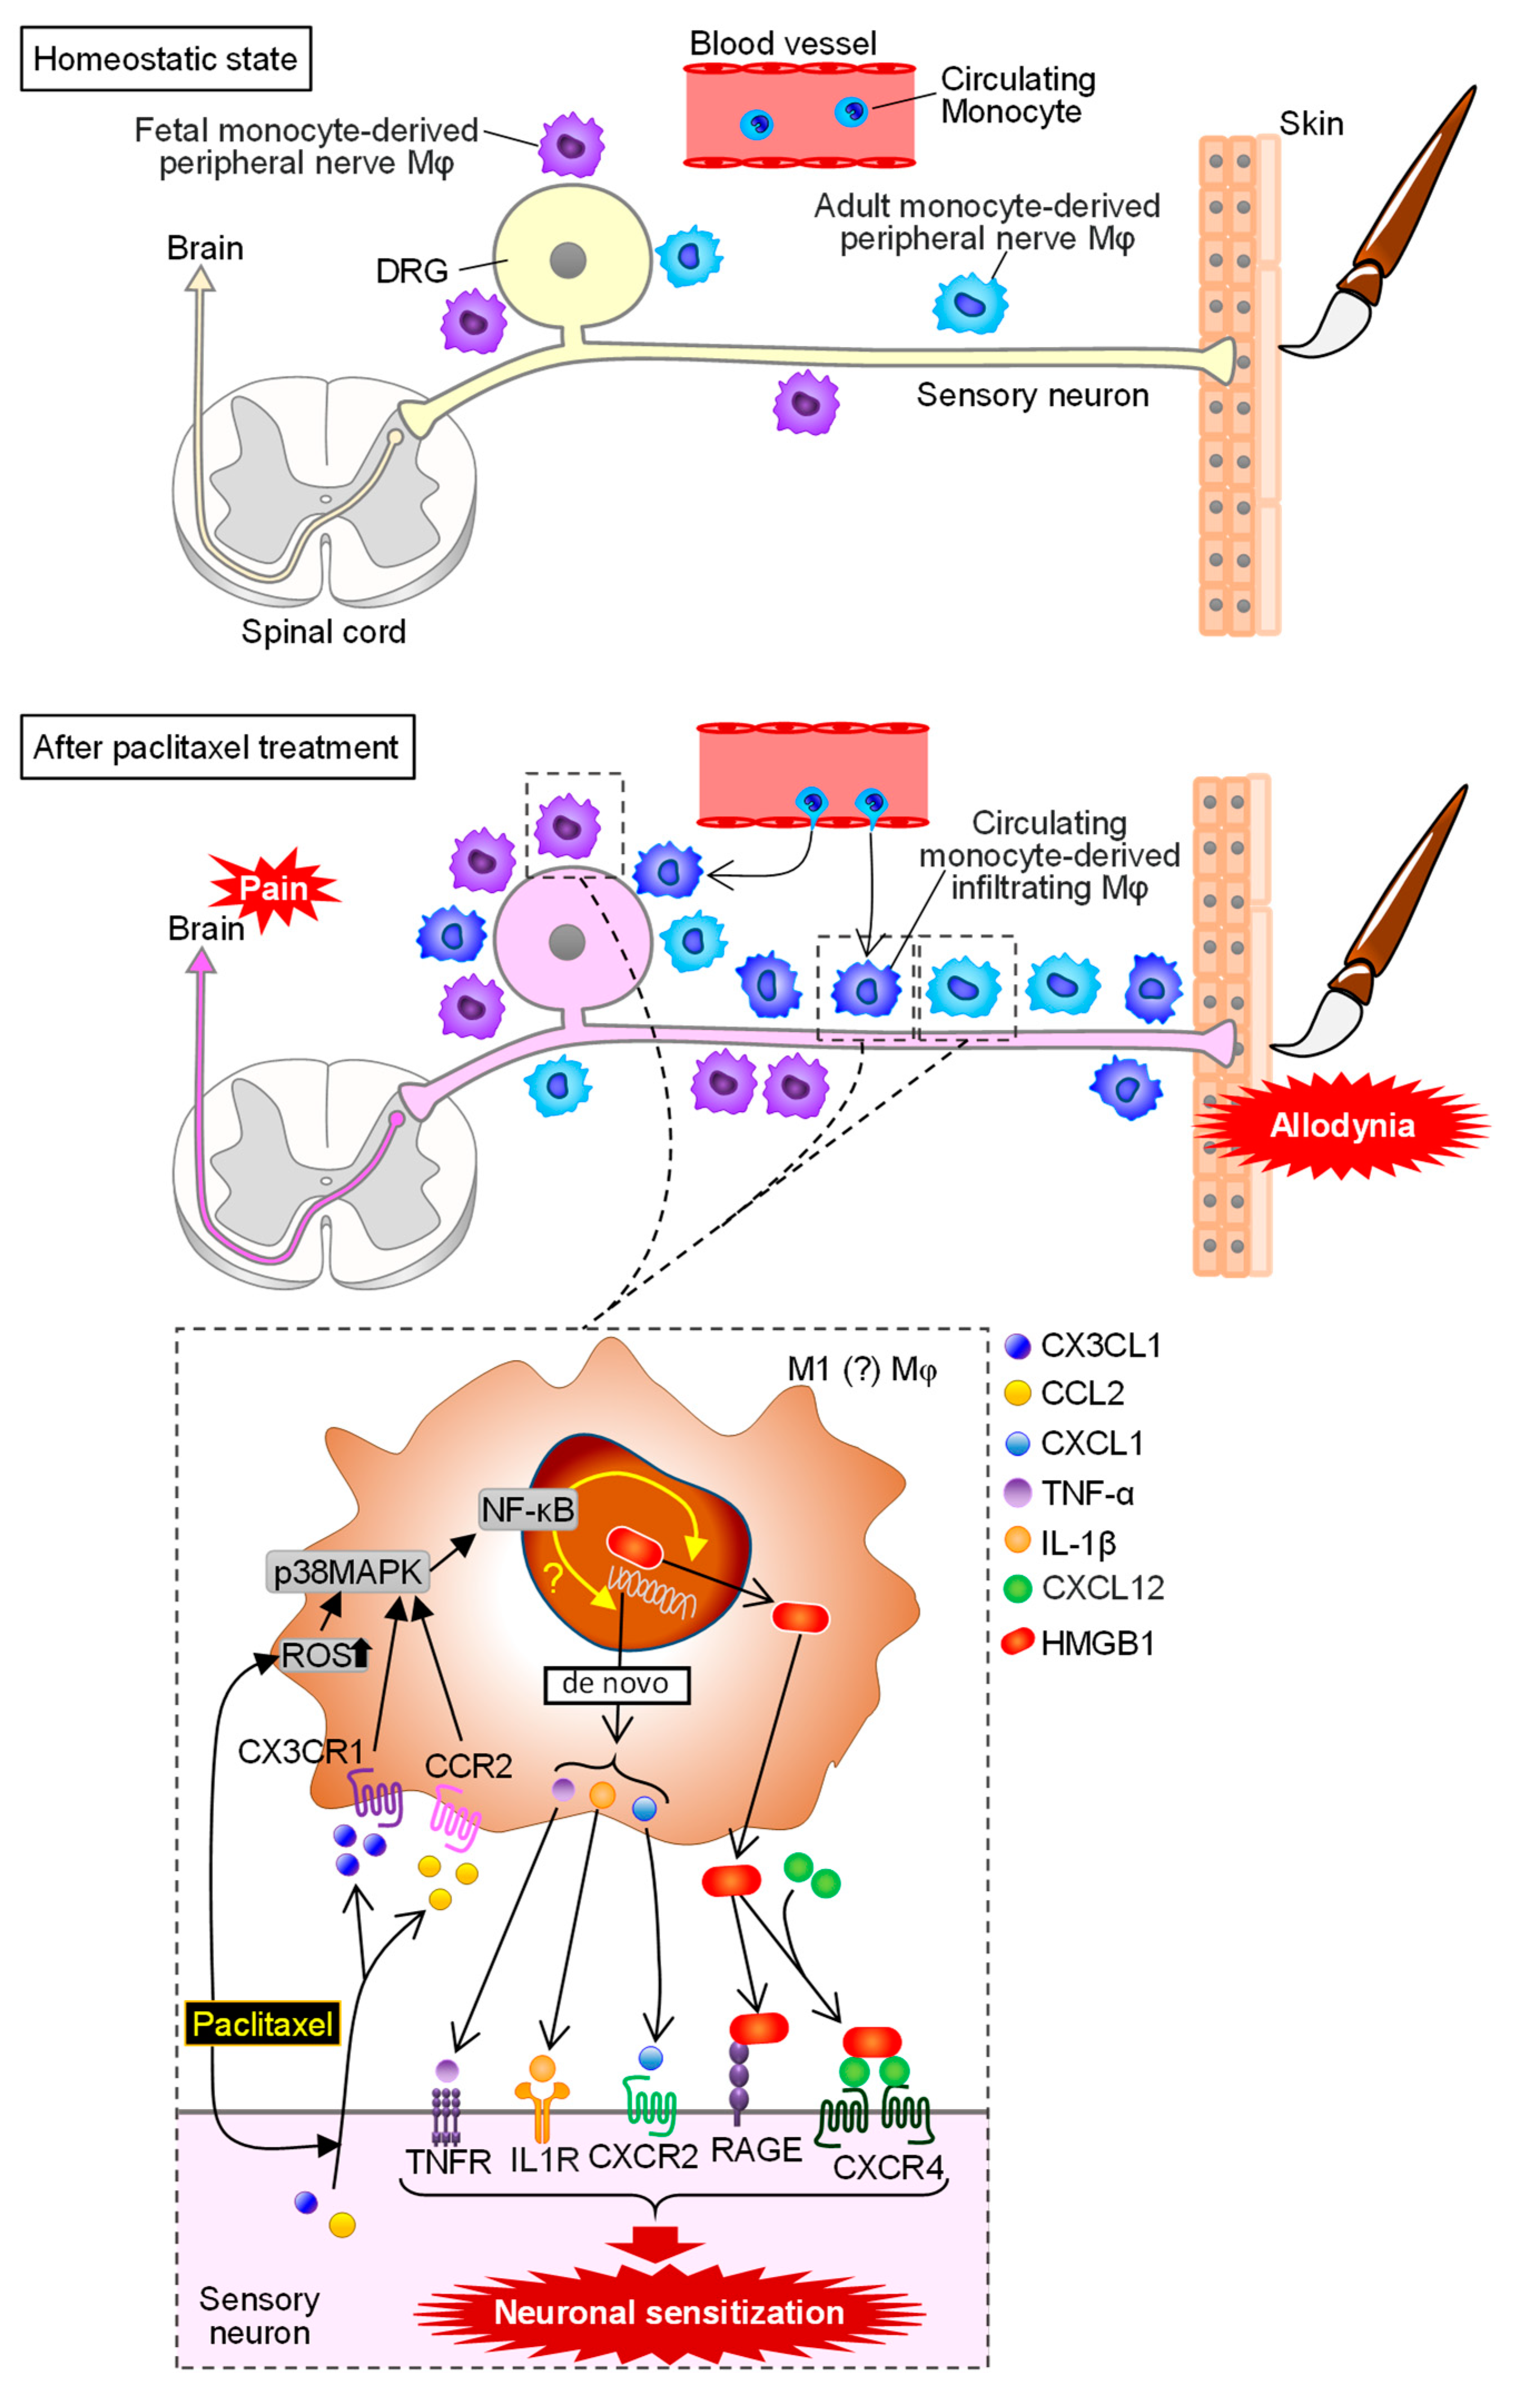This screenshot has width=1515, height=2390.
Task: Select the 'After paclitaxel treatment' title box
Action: click(216, 747)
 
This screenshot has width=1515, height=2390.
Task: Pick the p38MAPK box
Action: click(348, 1572)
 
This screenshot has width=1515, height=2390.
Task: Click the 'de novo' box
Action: click(616, 1683)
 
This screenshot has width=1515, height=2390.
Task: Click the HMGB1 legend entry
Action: click(1097, 1643)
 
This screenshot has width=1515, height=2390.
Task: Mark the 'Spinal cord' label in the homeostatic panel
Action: click(324, 631)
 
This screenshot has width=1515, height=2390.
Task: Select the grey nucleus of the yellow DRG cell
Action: click(568, 261)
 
